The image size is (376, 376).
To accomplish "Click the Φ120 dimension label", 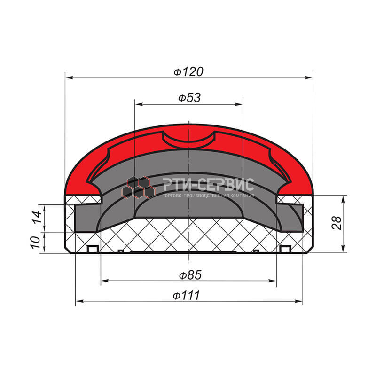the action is click(x=188, y=72).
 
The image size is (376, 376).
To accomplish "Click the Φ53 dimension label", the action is click(x=189, y=98).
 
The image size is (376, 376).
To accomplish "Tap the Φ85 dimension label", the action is click(x=190, y=275).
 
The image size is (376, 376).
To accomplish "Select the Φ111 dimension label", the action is click(x=186, y=295).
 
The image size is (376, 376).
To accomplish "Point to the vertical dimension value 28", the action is click(x=337, y=223).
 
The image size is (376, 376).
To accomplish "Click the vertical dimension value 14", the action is click(x=37, y=217).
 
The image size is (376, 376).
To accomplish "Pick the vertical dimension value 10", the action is click(x=35, y=242).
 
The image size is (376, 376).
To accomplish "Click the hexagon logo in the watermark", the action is click(x=138, y=188).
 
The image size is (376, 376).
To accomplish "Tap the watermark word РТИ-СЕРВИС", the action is click(x=208, y=185).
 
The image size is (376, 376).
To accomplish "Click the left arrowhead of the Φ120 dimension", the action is click(x=69, y=78).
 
